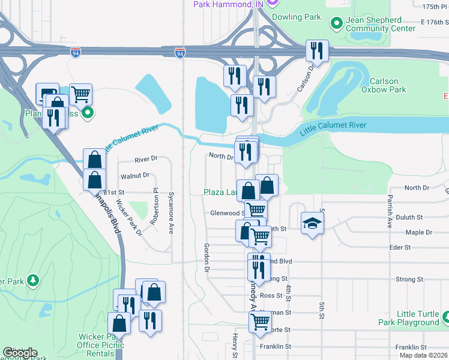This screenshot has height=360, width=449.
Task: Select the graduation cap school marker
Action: tap(312, 224)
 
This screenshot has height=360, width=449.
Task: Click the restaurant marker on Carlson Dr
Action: tap(316, 51)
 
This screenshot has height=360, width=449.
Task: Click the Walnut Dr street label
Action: tap(134, 176)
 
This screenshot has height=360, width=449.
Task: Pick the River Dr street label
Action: tap(146, 159)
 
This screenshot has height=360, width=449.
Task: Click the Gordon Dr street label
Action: tap(206, 258)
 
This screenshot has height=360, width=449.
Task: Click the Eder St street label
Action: tap(399, 247)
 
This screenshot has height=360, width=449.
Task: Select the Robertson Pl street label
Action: tap(155, 206)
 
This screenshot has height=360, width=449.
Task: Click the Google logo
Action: tap(20, 353)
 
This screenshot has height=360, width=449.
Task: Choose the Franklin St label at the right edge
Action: tap(411, 347)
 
